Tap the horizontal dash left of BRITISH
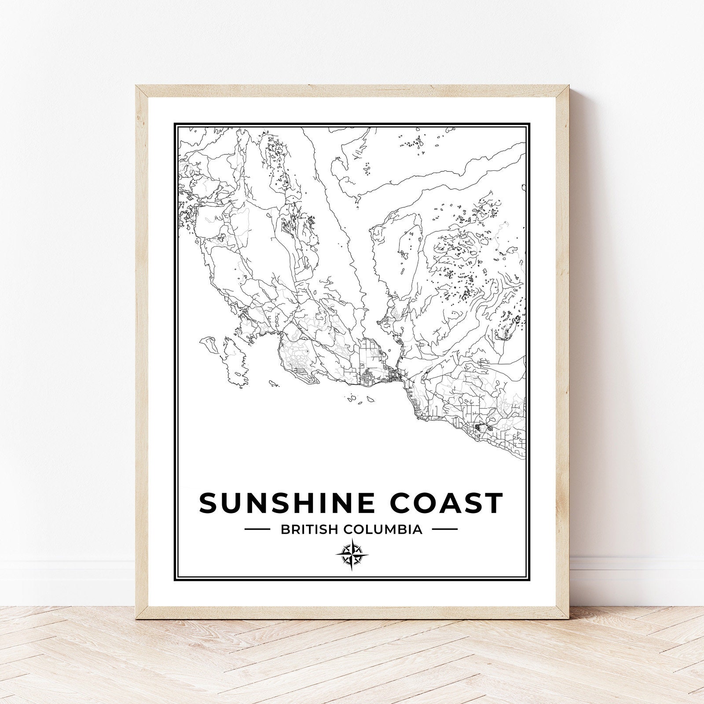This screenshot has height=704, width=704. [x=257, y=529]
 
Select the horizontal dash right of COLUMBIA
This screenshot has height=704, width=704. [x=445, y=529]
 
